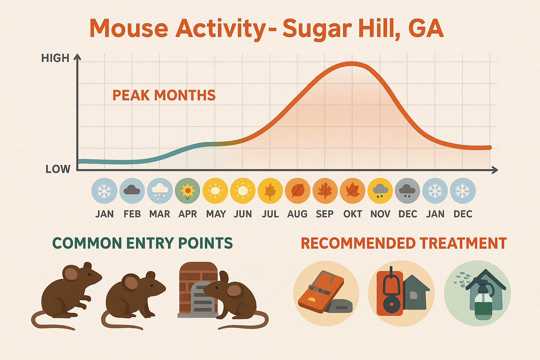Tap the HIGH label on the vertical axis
pos(55,58)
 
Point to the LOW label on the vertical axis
pos(58,169)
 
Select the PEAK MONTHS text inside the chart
pos(164,95)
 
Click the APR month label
pos(187,214)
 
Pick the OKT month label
pos(353,214)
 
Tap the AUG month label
pos(297,214)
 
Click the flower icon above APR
pos(187,191)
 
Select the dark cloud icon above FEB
pos(132,191)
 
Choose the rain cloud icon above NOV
pos(380,191)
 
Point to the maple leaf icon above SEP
pos(325,191)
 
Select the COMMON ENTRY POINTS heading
pos(142,243)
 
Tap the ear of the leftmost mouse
pos(71,274)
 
